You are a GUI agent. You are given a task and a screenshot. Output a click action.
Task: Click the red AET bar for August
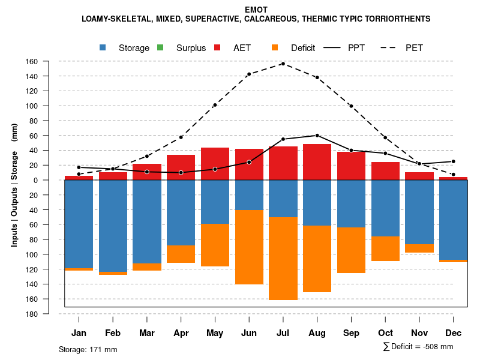point(317,162)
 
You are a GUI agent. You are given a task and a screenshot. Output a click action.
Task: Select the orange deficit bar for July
point(283,259)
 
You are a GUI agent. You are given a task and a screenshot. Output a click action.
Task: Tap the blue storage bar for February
point(113,226)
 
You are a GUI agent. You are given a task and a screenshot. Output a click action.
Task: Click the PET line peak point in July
point(283,64)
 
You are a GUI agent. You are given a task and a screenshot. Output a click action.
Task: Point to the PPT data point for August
point(317,135)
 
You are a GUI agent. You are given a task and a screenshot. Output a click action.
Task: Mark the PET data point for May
point(215,105)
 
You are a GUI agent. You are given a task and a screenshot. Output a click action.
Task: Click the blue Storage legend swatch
point(103,47)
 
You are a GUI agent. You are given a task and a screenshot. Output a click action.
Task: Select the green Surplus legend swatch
point(160,47)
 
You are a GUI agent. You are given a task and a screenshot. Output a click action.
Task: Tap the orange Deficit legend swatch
point(275,47)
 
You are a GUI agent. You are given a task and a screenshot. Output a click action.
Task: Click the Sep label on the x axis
point(351,333)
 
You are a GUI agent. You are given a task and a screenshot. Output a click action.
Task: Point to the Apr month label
point(181,333)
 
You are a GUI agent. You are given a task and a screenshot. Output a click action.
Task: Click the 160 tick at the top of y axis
point(49,61)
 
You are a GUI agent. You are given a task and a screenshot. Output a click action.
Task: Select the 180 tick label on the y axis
point(49,314)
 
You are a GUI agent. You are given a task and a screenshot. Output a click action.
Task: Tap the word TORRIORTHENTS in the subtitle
point(397,19)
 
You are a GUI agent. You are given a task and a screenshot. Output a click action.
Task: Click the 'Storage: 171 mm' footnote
point(88,349)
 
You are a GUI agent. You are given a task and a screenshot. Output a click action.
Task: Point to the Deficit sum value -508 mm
point(436,347)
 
